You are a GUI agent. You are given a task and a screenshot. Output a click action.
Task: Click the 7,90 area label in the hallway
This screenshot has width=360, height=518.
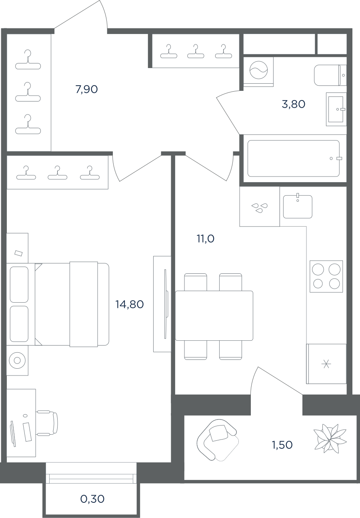point(87,89)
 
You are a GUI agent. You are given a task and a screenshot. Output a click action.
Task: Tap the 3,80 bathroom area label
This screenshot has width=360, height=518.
point(294,104)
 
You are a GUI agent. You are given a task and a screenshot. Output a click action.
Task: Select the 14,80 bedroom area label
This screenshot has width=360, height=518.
point(130,304)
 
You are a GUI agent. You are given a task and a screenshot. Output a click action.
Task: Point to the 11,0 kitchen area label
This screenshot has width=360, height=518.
point(206,239)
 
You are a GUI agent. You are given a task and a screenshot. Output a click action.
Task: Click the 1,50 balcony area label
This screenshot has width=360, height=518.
point(282,445)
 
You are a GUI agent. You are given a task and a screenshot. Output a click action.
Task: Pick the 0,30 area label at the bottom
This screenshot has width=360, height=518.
point(92,499)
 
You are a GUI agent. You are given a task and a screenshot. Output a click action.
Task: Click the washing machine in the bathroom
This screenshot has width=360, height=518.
point(258,72)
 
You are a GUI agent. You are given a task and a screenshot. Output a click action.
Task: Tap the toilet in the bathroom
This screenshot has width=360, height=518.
point(330,75)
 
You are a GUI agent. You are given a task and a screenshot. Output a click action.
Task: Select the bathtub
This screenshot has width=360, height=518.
point(294,159)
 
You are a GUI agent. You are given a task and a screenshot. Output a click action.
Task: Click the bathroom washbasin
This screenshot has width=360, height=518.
point(336,109)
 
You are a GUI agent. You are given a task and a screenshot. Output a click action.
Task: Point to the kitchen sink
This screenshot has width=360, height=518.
point(298,207)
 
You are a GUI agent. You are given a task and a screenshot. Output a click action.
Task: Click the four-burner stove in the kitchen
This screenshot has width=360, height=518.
point(326,276)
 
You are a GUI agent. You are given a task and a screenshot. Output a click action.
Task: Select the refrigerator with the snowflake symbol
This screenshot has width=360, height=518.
point(326,364)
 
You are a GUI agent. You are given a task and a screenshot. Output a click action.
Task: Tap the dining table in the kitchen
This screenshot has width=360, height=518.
point(214,316)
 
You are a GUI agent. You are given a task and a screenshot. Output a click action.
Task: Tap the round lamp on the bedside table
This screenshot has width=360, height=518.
point(17,360)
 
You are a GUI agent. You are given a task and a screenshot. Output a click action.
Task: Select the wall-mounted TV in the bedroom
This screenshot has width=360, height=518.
point(166,304)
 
